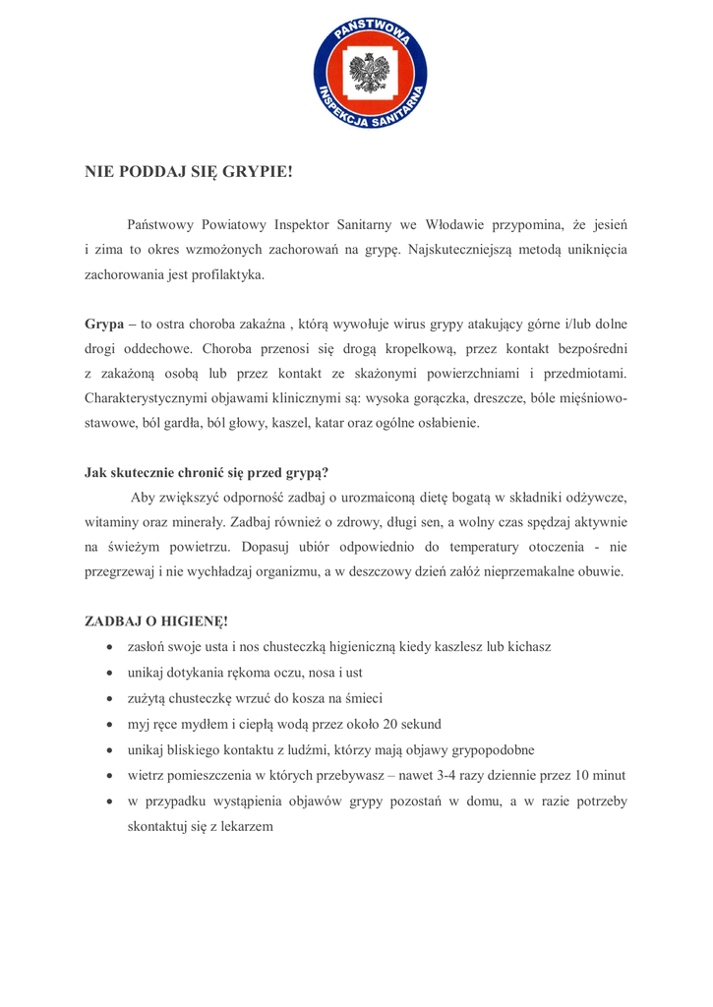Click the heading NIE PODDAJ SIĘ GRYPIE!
189,172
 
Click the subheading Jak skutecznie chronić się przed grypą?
206,471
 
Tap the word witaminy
110,521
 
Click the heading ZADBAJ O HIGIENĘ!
156,622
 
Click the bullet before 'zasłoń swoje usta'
108,647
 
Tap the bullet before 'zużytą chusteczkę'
108,698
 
